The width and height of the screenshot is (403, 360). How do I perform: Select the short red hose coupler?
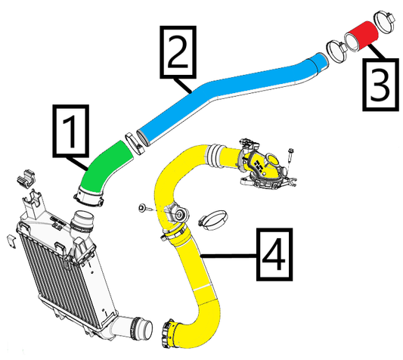(364, 36)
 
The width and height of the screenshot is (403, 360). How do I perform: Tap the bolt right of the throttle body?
(292, 157)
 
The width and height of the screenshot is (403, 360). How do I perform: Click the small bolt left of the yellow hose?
(143, 207)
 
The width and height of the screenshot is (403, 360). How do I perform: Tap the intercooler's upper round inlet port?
(81, 224)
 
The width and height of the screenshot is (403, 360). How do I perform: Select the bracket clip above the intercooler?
(26, 181)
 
